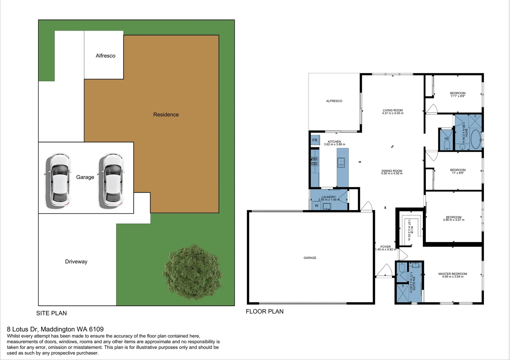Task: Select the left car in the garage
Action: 58,180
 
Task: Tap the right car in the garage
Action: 111,180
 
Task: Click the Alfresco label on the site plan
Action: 105,56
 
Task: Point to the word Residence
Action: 166,115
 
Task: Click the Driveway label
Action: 76,262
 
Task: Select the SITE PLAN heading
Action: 51,313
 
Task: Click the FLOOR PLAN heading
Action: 265,312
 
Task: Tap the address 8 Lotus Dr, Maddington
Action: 55,329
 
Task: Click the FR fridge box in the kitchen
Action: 315,140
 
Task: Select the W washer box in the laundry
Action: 317,206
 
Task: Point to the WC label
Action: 447,139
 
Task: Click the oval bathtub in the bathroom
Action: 476,139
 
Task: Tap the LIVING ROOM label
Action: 393,110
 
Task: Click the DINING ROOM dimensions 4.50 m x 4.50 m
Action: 392,174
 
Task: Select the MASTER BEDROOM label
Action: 453,274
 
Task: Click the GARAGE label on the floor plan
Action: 310,258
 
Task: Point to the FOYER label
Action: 385,247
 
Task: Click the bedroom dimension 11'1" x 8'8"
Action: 458,96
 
